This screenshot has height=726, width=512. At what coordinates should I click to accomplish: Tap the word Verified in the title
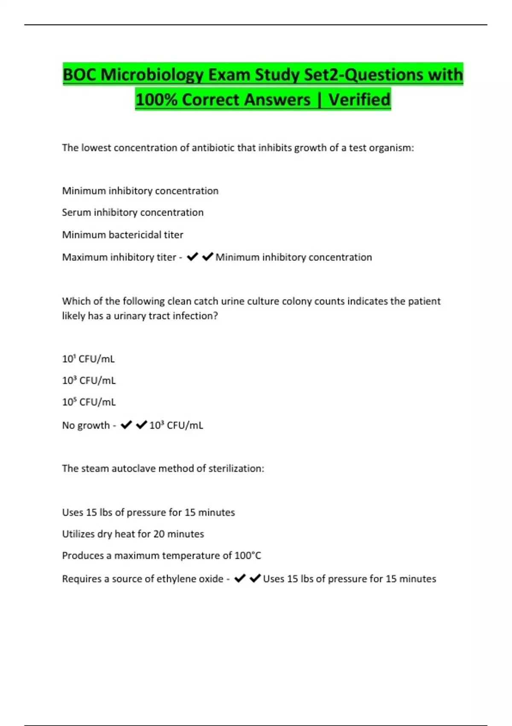coord(359,100)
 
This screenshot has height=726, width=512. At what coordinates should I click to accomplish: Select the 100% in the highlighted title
coord(156,100)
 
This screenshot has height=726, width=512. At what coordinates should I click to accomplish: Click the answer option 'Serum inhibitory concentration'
coord(133,212)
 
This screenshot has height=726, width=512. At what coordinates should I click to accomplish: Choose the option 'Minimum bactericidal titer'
coord(122,234)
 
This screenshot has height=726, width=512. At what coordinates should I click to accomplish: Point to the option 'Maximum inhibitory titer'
coord(119,257)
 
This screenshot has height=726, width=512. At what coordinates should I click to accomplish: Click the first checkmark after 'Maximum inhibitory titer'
coord(192,257)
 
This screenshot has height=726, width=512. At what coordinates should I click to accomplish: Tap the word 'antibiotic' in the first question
coord(213,148)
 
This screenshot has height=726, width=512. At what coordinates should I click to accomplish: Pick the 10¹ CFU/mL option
coord(88,359)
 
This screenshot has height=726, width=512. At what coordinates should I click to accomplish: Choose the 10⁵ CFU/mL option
coord(89,402)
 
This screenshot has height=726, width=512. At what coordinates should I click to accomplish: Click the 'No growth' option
coord(86,425)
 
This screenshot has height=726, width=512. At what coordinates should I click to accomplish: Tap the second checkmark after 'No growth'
coord(141,425)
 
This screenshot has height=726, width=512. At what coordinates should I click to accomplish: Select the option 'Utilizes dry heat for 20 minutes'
coord(133,534)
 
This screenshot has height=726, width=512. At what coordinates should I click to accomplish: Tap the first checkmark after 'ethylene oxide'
coord(240,578)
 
